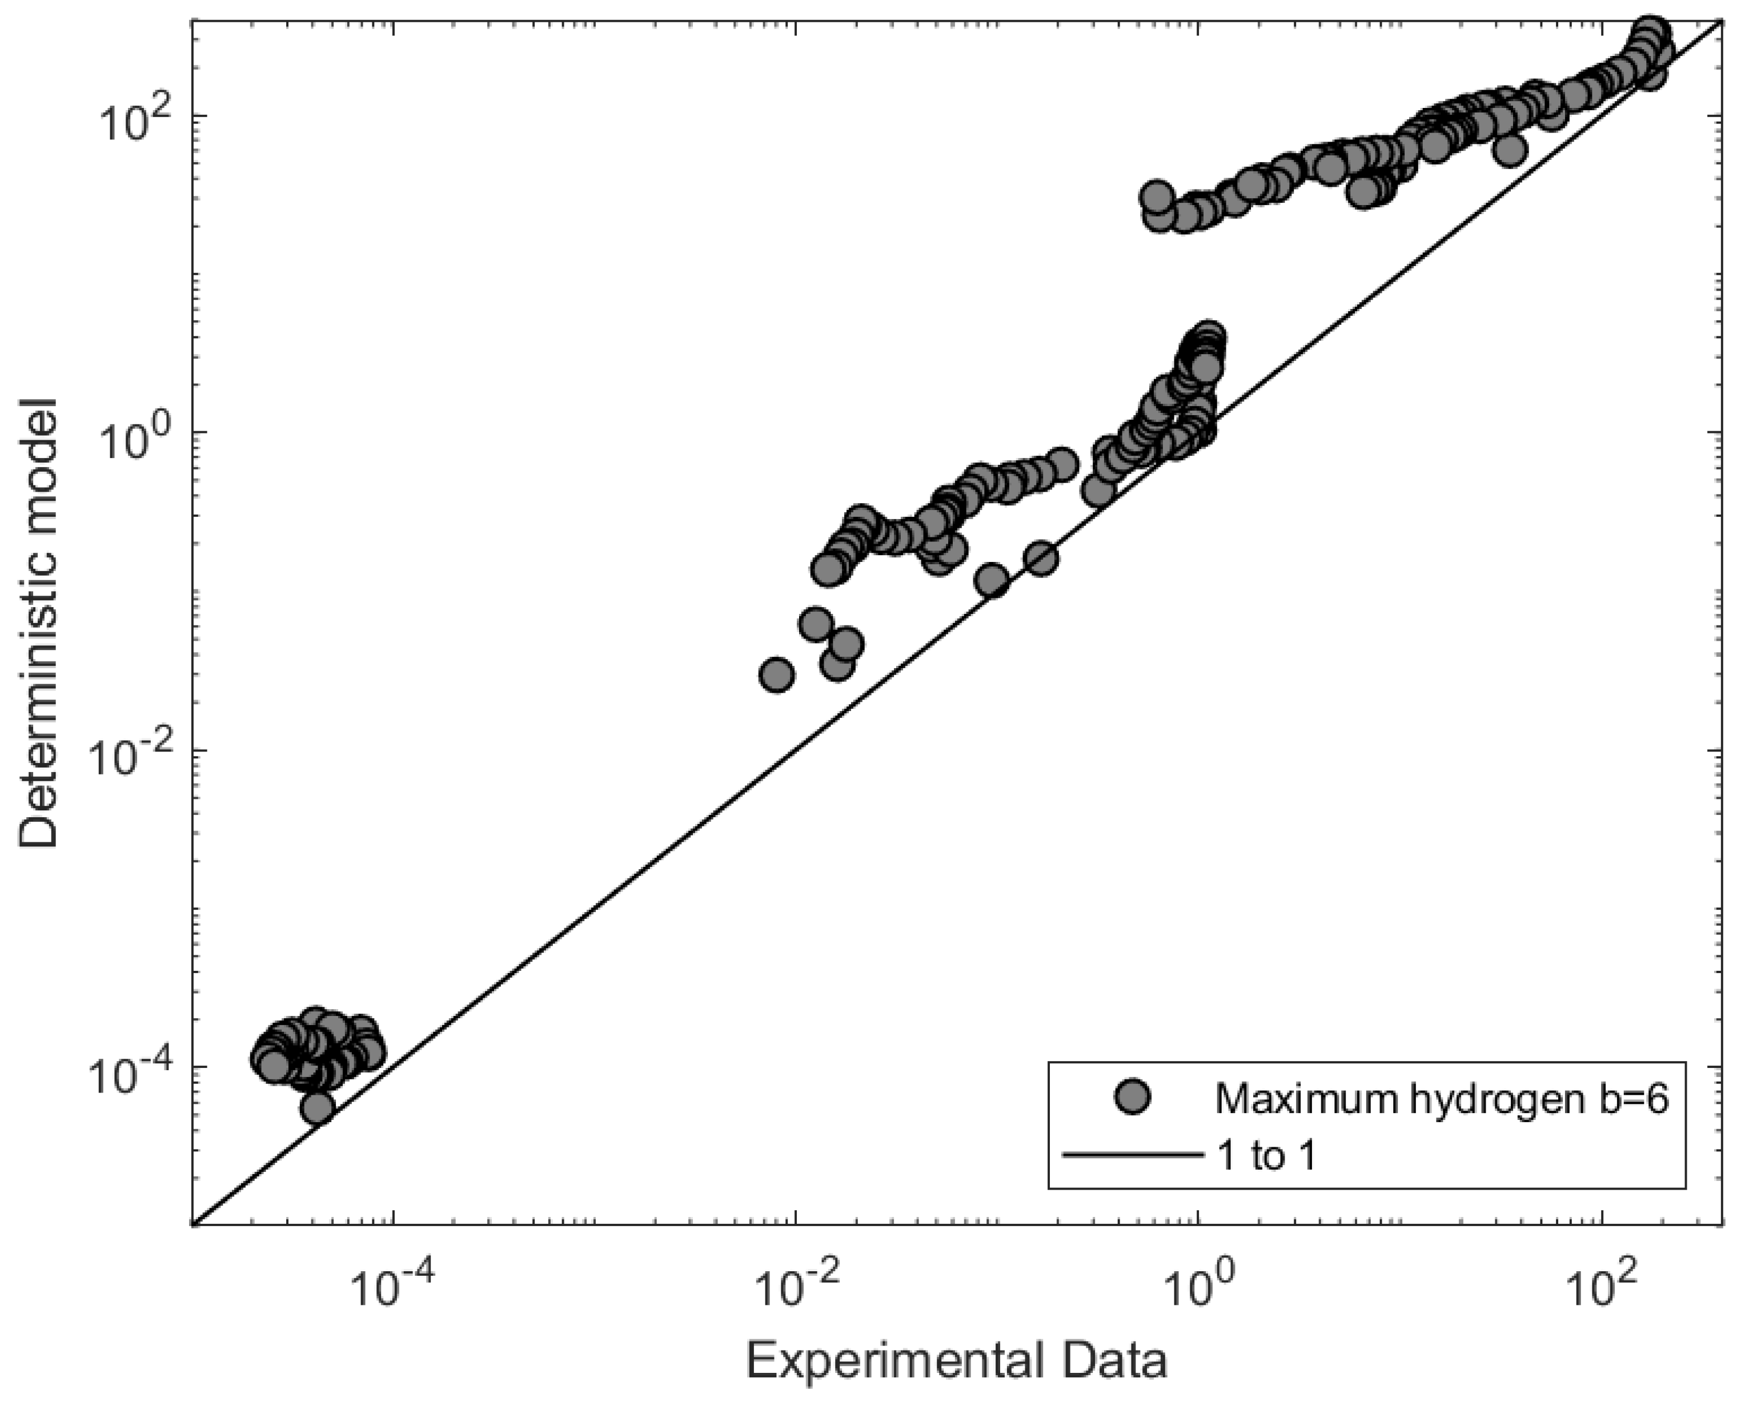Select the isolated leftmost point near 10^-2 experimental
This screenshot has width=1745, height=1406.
pos(777,674)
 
